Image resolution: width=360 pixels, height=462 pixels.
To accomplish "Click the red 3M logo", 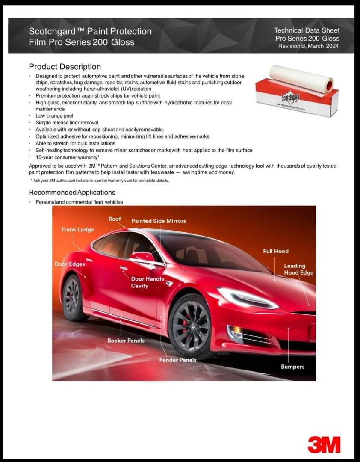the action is (x=324, y=444).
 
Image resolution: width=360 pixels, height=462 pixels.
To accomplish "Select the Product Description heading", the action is (x=65, y=67).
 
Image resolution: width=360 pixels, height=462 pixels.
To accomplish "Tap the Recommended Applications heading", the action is (x=72, y=192).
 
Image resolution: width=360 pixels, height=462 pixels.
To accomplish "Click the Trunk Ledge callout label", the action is (x=77, y=230).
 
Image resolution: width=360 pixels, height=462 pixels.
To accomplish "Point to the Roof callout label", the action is (x=115, y=219).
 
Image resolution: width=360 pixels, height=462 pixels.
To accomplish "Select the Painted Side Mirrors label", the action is (x=159, y=221).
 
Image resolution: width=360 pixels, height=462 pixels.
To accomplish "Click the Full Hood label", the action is (x=276, y=251).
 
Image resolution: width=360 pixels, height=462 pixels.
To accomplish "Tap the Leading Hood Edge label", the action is (x=298, y=269).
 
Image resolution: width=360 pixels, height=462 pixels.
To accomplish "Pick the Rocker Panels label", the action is (x=126, y=341).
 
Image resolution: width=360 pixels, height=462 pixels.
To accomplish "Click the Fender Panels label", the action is (x=178, y=360).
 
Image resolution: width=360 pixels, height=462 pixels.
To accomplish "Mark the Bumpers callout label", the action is (x=292, y=367).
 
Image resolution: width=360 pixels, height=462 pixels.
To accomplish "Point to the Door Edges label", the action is (x=70, y=264).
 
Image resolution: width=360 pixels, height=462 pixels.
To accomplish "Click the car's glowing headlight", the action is (x=246, y=298).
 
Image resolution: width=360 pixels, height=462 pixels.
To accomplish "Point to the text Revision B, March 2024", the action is (x=308, y=46).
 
